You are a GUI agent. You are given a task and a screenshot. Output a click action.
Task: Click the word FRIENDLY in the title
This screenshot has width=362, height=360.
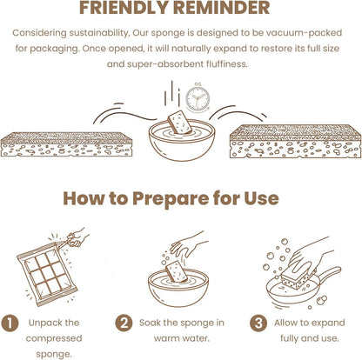(124, 8)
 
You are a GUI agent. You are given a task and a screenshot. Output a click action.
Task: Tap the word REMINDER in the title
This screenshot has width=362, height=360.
(222, 8)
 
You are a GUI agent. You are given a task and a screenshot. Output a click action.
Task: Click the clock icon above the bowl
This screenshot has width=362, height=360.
(198, 97)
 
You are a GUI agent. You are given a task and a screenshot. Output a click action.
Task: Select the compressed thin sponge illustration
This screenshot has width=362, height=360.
(66, 144)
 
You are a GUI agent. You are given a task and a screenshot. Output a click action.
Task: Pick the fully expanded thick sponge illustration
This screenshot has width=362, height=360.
(296, 142)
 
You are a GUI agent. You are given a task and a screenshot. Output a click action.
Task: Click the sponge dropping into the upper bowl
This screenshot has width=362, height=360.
(179, 122)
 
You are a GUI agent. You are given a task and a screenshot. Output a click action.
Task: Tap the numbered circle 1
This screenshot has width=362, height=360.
(10, 323)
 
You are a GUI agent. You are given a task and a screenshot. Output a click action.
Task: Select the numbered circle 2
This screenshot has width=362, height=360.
(124, 323)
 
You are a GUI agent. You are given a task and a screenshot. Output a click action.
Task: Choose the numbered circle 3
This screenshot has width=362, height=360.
(258, 323)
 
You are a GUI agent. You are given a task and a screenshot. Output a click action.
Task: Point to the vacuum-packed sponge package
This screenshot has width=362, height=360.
(46, 275)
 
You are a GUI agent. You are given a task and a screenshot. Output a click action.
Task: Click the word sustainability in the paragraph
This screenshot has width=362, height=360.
(98, 33)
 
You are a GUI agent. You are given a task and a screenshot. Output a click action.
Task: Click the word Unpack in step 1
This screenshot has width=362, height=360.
(42, 323)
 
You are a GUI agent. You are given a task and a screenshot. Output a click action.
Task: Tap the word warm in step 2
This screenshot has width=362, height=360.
(166, 338)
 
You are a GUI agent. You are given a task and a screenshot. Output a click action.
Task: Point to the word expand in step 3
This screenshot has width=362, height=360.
(328, 323)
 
